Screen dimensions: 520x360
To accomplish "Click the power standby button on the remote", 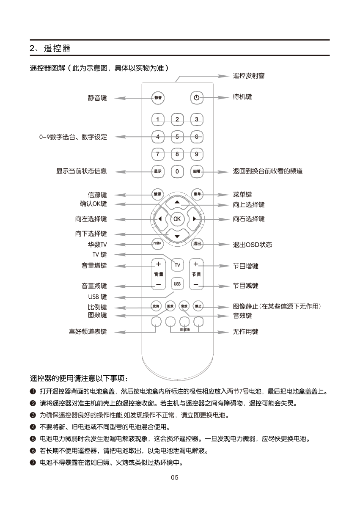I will tap(196, 98).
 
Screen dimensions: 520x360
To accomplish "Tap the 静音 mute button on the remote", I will tap(158, 98).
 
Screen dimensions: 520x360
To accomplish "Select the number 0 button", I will tap(177, 171).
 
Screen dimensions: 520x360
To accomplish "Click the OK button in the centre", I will tap(177, 219).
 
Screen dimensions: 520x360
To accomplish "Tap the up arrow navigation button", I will tap(177, 203).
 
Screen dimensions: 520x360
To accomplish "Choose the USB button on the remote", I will tap(177, 283).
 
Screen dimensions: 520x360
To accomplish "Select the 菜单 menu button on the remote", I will tap(197, 194).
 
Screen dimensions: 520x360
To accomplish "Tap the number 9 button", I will tap(196, 154).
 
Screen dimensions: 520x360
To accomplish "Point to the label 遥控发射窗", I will tap(249, 76).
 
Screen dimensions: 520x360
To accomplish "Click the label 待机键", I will tap(242, 97).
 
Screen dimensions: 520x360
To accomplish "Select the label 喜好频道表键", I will tap(88, 332).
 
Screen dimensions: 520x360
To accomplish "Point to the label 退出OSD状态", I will tap(252, 245).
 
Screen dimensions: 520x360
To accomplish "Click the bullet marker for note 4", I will tap(33, 426).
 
